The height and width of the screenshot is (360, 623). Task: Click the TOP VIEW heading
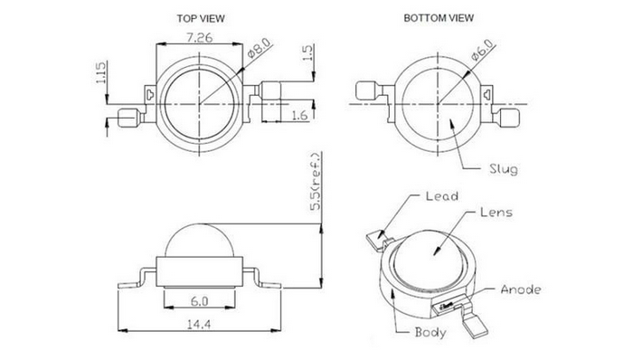[201, 18]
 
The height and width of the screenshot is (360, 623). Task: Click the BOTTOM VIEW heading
[439, 18]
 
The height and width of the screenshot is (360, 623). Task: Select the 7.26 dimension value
[200, 38]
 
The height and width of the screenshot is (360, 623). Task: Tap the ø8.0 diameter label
[259, 48]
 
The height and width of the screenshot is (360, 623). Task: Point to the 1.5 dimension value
[308, 52]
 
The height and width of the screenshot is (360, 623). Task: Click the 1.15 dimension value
[100, 72]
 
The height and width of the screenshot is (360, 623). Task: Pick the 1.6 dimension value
[299, 115]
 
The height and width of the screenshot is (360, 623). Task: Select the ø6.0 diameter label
[482, 50]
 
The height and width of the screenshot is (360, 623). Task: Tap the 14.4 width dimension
[199, 325]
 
